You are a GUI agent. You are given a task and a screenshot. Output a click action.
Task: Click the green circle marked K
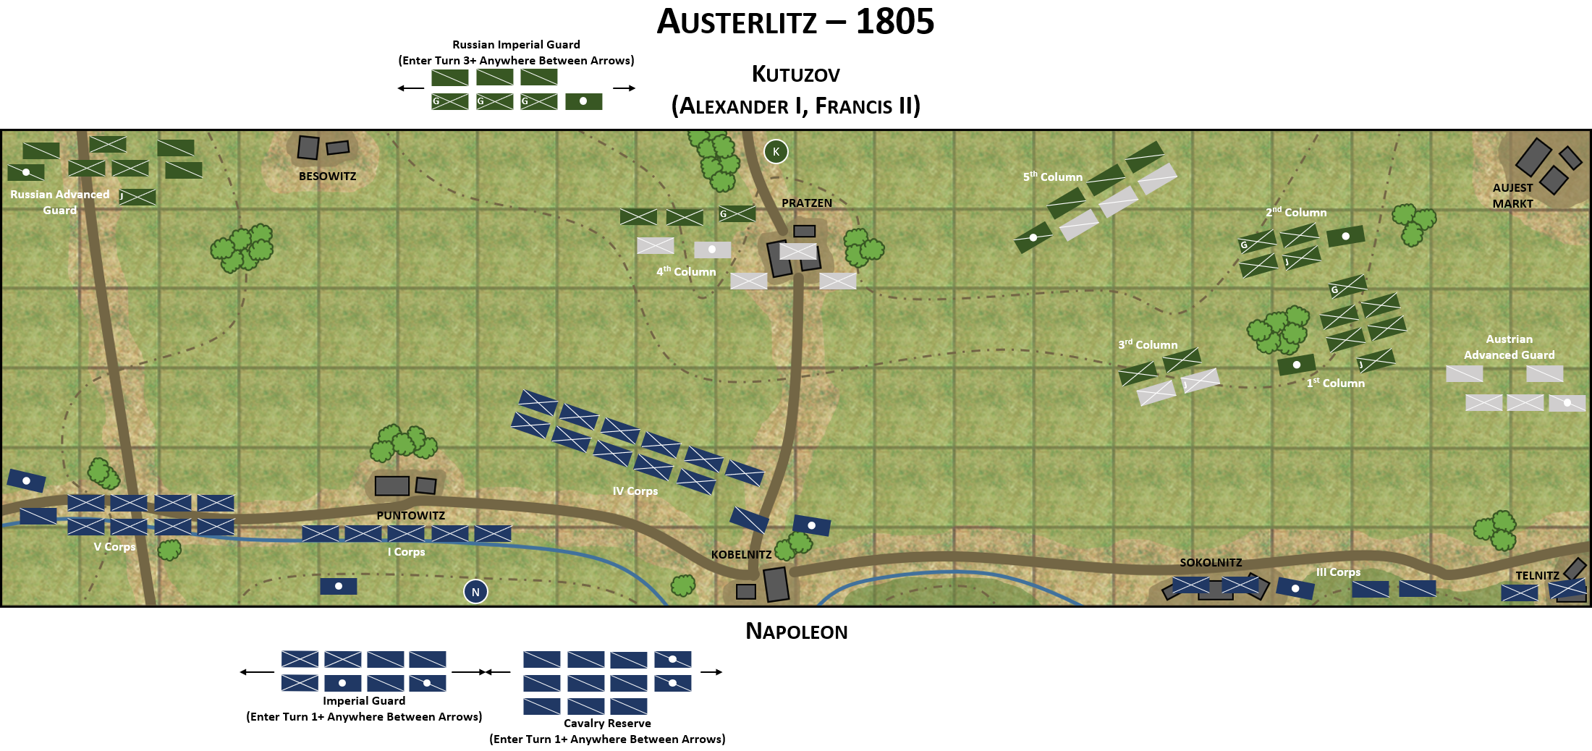pyautogui.click(x=776, y=151)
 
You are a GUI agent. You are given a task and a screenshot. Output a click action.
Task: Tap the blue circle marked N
pyautogui.click(x=475, y=592)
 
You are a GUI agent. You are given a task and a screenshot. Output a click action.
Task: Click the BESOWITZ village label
pyautogui.click(x=327, y=177)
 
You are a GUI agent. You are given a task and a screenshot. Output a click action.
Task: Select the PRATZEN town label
pyautogui.click(x=807, y=203)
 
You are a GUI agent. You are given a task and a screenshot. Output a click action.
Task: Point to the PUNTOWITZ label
pyautogui.click(x=410, y=515)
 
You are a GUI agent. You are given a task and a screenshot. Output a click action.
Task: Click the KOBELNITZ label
pyautogui.click(x=741, y=555)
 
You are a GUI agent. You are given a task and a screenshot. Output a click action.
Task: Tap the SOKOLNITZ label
pyautogui.click(x=1211, y=562)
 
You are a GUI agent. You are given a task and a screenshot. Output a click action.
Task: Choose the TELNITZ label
pyautogui.click(x=1537, y=576)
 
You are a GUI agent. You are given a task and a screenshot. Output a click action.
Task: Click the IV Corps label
pyautogui.click(x=635, y=491)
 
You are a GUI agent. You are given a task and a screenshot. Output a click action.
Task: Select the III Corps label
pyautogui.click(x=1338, y=572)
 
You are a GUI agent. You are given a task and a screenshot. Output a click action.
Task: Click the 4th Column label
pyautogui.click(x=685, y=272)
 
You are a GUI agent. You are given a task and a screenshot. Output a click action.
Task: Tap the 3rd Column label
pyautogui.click(x=1148, y=345)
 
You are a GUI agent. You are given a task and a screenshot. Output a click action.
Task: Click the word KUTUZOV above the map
pyautogui.click(x=795, y=75)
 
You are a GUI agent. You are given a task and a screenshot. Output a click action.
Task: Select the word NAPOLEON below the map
pyautogui.click(x=796, y=632)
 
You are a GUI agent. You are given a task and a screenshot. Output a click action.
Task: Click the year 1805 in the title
pyautogui.click(x=894, y=22)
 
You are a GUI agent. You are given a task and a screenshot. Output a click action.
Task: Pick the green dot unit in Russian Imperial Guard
pyautogui.click(x=583, y=101)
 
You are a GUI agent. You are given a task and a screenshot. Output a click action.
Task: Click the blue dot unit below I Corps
pyautogui.click(x=338, y=586)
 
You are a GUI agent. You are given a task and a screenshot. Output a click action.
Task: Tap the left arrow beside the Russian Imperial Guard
pyautogui.click(x=410, y=88)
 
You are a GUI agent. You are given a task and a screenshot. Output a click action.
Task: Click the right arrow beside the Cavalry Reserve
pyautogui.click(x=711, y=672)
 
